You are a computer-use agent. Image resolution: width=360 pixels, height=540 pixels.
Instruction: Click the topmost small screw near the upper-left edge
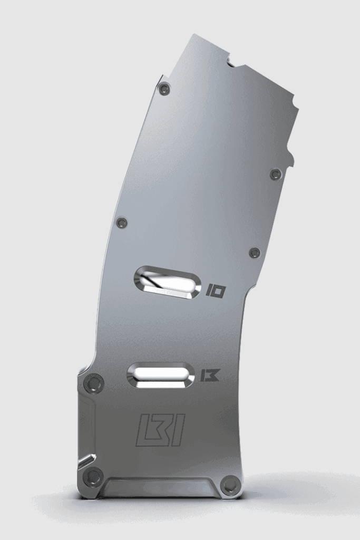pos(164,88)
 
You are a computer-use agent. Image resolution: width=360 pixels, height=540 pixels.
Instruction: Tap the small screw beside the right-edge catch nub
pos(275,173)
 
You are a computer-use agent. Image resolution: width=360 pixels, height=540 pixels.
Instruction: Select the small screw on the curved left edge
pos(122,222)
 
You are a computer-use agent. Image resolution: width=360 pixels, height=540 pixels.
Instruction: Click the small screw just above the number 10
pos(255,253)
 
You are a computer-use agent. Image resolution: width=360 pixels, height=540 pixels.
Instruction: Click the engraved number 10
pos(216,291)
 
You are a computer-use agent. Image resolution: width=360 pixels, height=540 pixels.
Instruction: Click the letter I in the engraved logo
pos(178,430)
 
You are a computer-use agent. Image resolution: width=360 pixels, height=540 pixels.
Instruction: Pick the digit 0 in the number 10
pos(218,291)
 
